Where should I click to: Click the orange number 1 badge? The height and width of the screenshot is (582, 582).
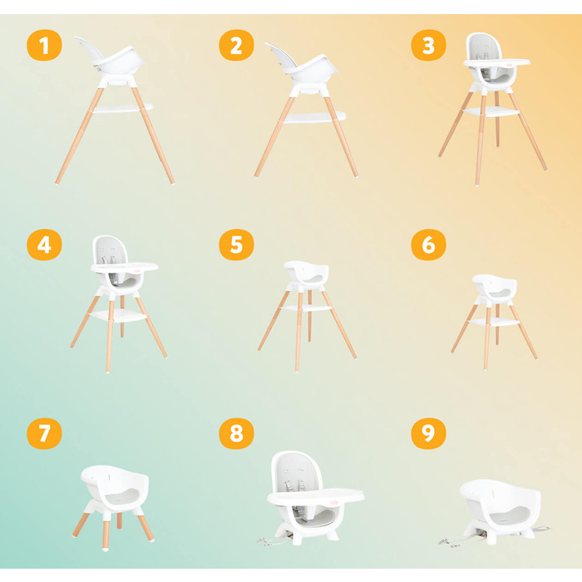coord(44,45)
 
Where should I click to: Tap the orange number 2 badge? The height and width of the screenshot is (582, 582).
coord(236,45)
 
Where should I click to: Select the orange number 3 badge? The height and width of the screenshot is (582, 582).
coord(429,45)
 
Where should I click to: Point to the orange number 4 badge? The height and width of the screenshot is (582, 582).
coord(44,244)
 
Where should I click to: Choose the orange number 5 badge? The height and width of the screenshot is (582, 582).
coord(236,244)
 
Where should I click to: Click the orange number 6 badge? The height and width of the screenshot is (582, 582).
coord(429,244)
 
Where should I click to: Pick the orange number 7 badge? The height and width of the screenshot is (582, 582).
coord(44,433)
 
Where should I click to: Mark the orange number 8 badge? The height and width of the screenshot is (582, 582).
coord(236,433)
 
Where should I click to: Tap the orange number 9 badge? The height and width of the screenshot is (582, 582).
coord(429,433)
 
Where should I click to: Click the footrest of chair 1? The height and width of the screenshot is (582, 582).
coord(123,108)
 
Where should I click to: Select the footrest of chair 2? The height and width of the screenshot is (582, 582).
coord(315,117)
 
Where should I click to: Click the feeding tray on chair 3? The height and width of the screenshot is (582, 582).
coord(496,62)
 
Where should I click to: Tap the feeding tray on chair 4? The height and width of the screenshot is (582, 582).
coord(125,267)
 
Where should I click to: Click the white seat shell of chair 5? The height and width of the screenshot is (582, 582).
coord(307,273)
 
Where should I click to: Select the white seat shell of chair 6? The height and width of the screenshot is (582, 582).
coord(495,286)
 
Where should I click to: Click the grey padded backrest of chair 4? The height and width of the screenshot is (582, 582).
coord(110,251)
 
